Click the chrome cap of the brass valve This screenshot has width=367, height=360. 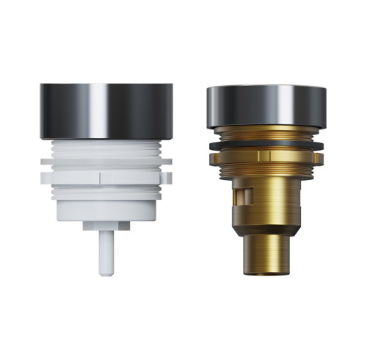click(x=266, y=105)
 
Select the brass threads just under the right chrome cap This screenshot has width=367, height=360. click(x=266, y=133)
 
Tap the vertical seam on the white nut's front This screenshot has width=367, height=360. click(x=99, y=177)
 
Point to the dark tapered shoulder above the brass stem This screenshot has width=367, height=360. click(x=266, y=228)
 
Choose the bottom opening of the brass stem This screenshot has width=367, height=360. click(x=266, y=273)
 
